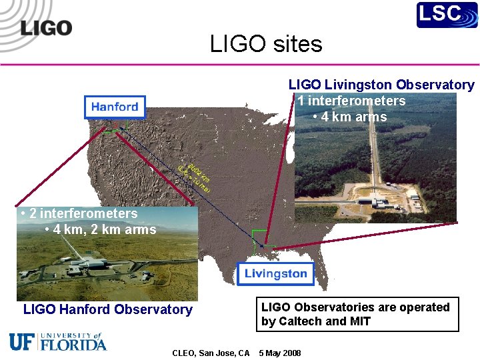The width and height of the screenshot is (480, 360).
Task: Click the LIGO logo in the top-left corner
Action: coord(45,28)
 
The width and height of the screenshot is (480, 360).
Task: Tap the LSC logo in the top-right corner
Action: coord(447,15)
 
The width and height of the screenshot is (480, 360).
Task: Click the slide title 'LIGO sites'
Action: coord(266,44)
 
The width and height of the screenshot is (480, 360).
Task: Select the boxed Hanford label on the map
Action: coord(115,107)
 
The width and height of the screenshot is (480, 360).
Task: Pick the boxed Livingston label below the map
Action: coord(275,273)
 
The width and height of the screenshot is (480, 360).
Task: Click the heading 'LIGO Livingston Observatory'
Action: coord(381,85)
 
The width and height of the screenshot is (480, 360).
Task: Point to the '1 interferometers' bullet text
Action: coord(351,101)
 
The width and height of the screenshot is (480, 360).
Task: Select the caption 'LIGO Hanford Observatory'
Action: coord(107,309)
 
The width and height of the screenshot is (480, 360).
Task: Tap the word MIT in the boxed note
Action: coord(359,321)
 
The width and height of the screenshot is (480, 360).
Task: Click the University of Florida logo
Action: coord(57,341)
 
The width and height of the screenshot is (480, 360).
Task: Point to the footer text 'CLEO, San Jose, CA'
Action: coord(211,353)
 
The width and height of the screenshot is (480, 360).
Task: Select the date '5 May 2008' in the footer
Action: coord(279,353)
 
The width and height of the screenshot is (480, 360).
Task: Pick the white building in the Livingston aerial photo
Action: coord(368,201)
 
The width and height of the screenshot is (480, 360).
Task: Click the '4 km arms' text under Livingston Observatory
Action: coord(353,117)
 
